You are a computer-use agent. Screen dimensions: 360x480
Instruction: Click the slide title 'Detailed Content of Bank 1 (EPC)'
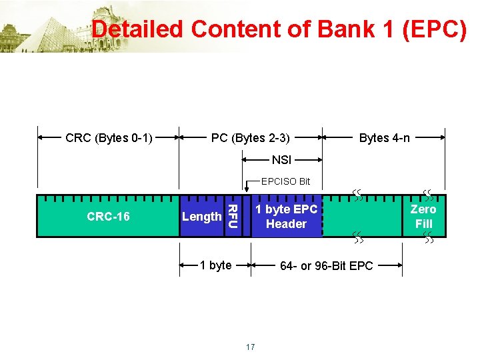[279, 29]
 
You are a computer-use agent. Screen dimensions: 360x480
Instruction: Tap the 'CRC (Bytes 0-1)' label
[109, 138]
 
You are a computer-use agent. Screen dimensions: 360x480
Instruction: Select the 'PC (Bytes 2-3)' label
[250, 138]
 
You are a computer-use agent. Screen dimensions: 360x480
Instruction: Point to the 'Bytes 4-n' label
[385, 138]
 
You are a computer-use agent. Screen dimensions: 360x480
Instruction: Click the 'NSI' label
[281, 160]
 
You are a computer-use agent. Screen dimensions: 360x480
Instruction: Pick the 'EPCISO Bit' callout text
[285, 181]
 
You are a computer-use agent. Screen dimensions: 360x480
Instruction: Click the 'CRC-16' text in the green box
[108, 216]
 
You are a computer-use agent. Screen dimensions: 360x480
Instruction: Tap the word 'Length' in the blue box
[201, 216]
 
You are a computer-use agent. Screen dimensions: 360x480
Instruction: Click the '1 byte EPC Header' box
[286, 217]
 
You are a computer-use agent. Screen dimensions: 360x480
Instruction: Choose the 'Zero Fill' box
[423, 217]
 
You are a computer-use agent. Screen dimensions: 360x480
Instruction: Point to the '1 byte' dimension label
[216, 265]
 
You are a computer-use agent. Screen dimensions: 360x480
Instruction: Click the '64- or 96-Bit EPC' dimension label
[327, 266]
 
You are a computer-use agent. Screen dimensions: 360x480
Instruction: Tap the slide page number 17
[250, 347]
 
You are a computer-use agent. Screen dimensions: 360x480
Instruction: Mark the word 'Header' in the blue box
[286, 224]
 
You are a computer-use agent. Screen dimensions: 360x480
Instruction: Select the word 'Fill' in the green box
[423, 224]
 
